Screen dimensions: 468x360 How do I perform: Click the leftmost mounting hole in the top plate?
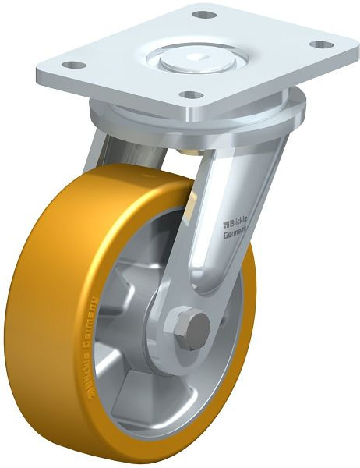(x=70, y=65)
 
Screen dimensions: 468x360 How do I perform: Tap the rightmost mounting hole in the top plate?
(x=318, y=45)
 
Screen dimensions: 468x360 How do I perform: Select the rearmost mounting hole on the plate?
(x=203, y=15)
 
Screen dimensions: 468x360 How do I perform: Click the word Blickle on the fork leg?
(x=237, y=208)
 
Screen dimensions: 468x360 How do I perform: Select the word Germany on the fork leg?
(x=236, y=220)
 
